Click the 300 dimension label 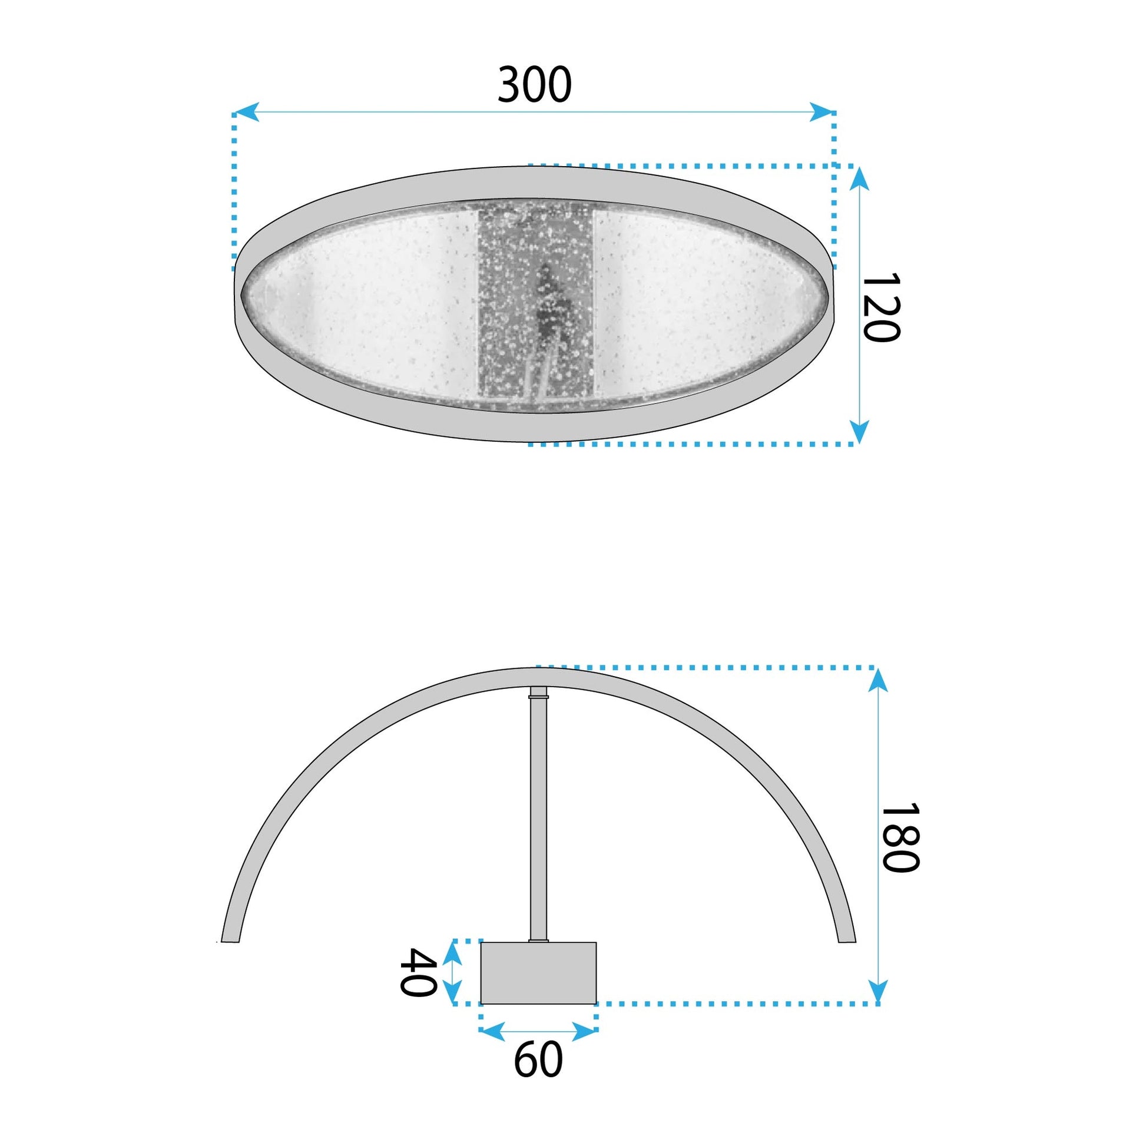535,85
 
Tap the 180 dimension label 900,838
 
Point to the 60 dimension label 538,1060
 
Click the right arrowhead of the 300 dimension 822,112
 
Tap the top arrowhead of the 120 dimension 860,177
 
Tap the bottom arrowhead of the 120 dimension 860,430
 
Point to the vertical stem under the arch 538,819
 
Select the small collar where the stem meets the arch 538,691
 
